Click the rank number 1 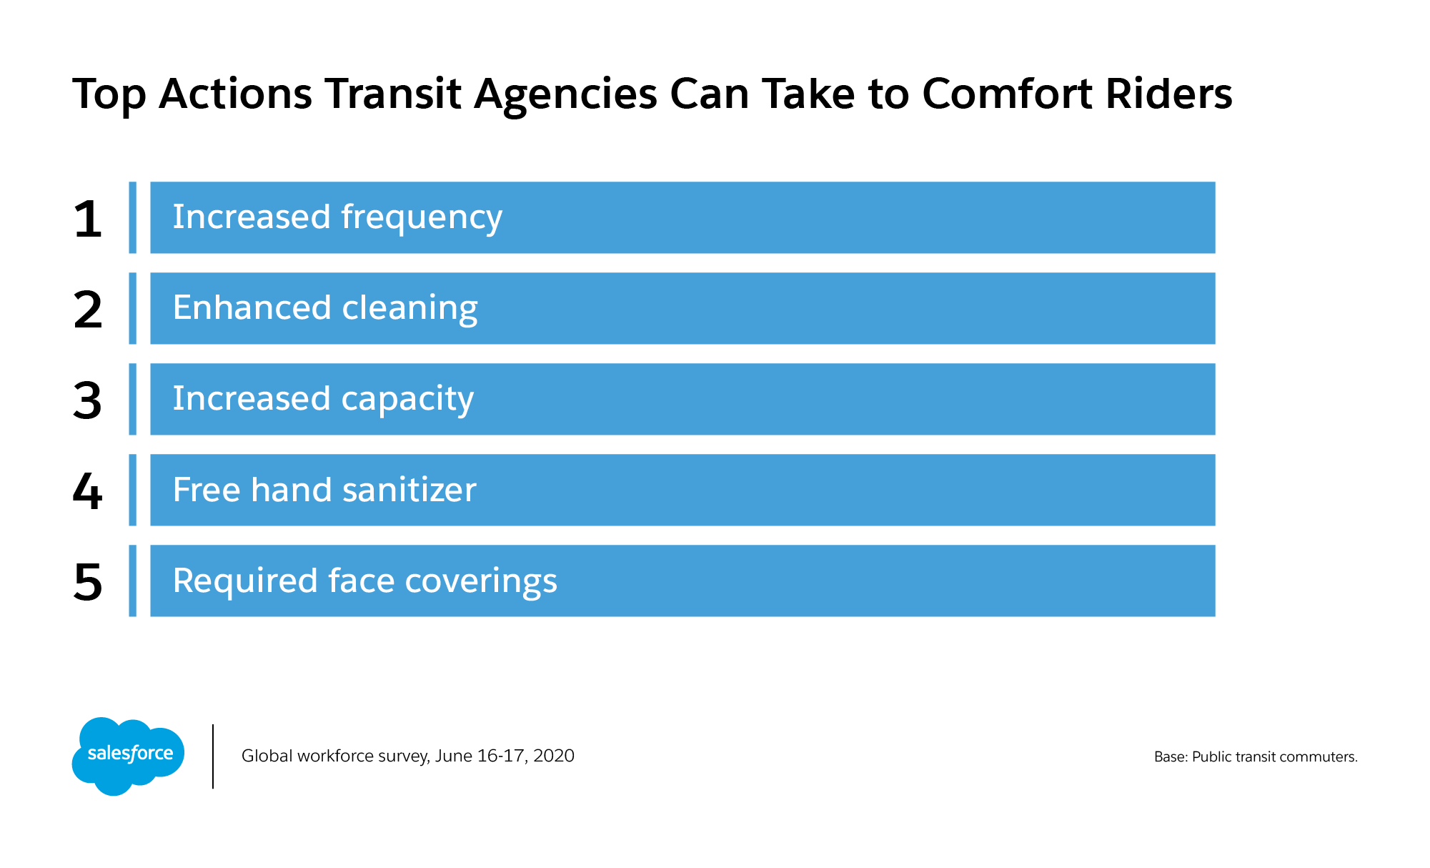point(87,219)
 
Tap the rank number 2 point(88,310)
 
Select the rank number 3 point(87,400)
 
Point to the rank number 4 point(87,491)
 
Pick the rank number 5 point(88,582)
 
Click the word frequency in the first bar point(422,218)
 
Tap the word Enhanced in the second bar point(252,307)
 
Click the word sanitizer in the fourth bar point(409,490)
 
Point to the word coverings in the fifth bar point(481,581)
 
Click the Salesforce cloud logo point(128,756)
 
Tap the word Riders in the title point(1168,94)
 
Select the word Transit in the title point(393,94)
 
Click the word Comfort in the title point(1007,94)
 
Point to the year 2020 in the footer point(554,756)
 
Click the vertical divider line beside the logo point(213,756)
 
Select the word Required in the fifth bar point(244,581)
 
